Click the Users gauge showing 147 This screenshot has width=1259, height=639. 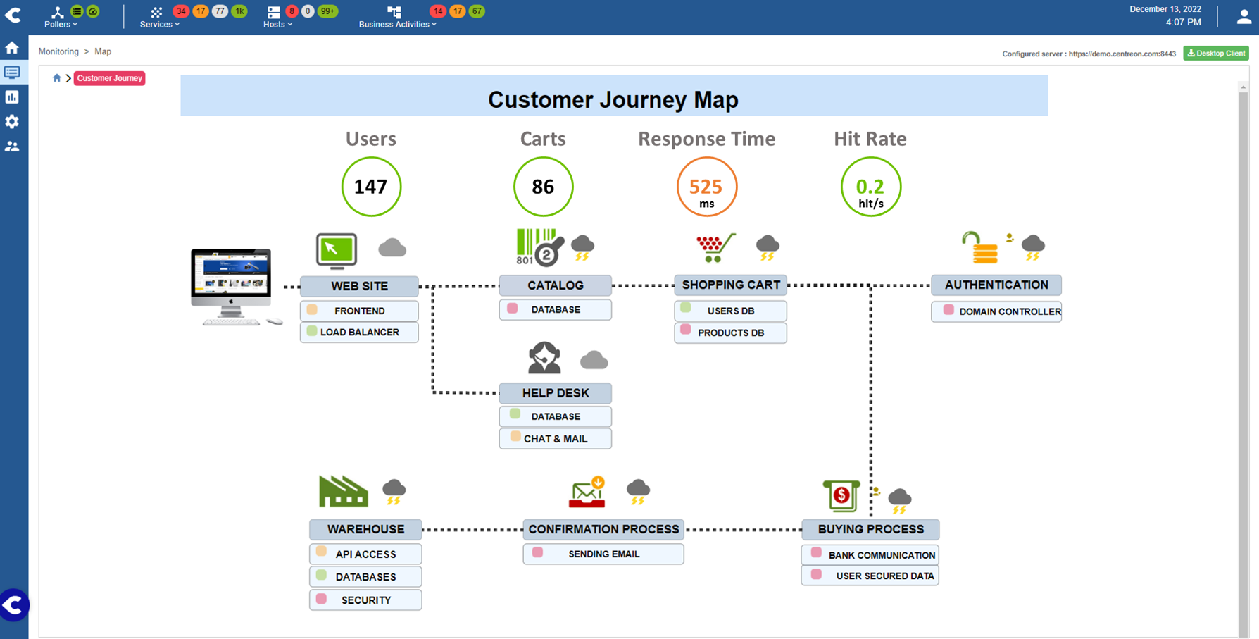371,187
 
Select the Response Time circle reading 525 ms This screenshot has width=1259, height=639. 706,187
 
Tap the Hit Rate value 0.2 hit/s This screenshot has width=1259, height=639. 870,187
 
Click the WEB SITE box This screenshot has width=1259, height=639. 359,286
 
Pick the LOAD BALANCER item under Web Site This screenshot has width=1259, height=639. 359,333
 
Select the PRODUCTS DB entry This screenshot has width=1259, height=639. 730,333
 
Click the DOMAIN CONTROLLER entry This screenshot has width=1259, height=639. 996,311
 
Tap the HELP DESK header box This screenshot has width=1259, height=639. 555,393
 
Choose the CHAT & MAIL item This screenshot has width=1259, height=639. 555,439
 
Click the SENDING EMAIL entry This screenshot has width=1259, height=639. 603,554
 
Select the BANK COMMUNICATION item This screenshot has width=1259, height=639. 870,555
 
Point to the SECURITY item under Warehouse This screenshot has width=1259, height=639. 365,600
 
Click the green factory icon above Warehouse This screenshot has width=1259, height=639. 343,491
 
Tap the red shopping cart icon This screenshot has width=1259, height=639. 715,247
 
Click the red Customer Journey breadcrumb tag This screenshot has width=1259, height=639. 109,78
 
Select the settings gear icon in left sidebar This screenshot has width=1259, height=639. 12,122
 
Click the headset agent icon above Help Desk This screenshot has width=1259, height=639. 544,358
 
